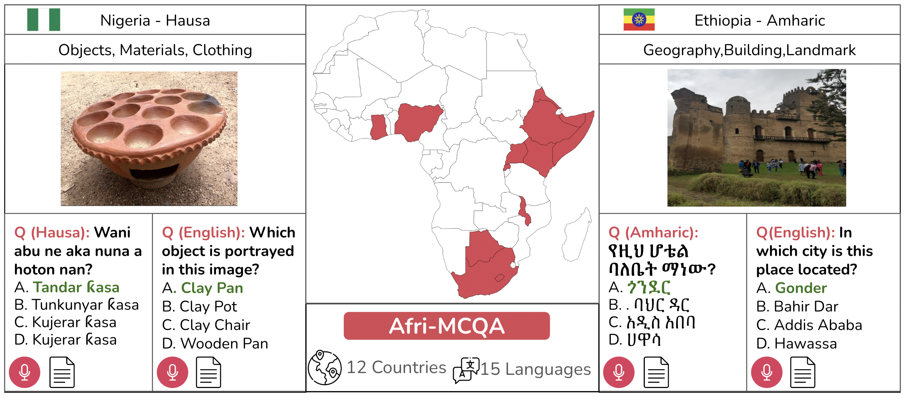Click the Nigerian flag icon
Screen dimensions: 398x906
coord(43,20)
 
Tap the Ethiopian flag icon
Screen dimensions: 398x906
coord(639,20)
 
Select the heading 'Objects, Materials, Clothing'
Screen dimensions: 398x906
coord(155,50)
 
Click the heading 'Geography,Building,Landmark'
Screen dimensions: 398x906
coord(749,50)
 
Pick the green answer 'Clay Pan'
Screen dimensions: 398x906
coord(212,288)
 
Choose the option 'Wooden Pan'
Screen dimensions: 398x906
coord(224,344)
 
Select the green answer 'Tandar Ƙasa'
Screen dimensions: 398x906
coord(76,287)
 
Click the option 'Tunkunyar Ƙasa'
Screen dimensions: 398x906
coord(85,305)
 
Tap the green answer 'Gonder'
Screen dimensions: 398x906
coord(801,288)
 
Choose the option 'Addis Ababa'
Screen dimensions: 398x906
coord(818,325)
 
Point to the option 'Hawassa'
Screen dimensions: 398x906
coord(805,344)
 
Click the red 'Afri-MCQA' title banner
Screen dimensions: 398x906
coord(447,326)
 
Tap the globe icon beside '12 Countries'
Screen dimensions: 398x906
coord(325,367)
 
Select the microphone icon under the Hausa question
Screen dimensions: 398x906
coord(25,372)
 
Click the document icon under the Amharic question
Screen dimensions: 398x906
coord(656,372)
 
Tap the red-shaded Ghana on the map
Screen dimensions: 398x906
coord(378,126)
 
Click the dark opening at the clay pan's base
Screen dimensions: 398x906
coord(154,172)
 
